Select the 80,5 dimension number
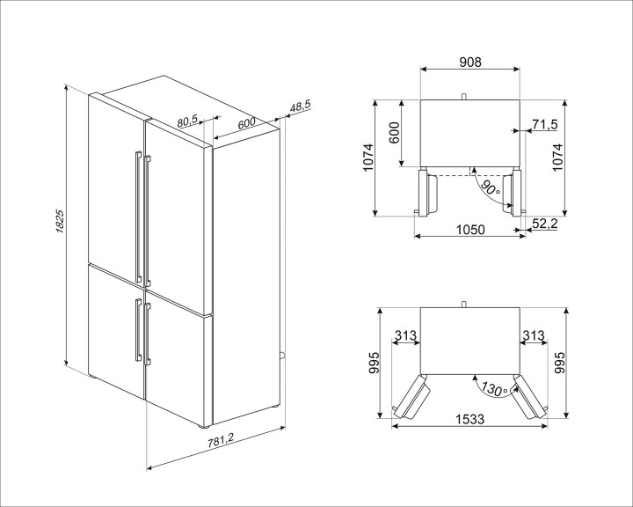pyautogui.click(x=186, y=122)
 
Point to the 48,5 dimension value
pyautogui.click(x=300, y=107)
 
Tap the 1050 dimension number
pyautogui.click(x=471, y=229)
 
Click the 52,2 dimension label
pyautogui.click(x=546, y=226)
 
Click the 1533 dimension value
pyautogui.click(x=469, y=420)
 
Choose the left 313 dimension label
pyautogui.click(x=405, y=335)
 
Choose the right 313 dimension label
pyautogui.click(x=534, y=335)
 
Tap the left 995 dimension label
pyautogui.click(x=375, y=363)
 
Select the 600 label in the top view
pyautogui.click(x=395, y=133)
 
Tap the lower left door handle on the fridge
pyautogui.click(x=135, y=329)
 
